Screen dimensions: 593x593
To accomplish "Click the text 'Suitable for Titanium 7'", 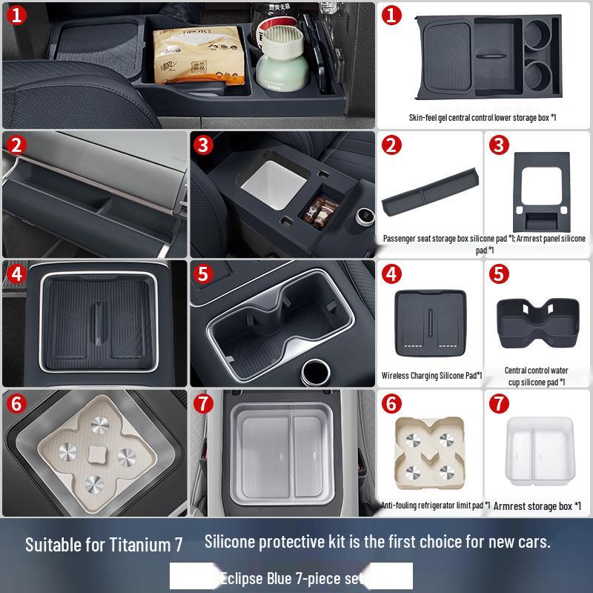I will click(104, 545).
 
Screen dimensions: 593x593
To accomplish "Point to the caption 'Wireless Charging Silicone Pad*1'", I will click(432, 376).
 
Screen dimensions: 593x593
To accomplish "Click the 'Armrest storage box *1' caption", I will click(537, 506).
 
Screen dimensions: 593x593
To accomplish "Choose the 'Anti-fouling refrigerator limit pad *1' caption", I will click(435, 505).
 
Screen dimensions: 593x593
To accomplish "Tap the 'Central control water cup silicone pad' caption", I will click(537, 376).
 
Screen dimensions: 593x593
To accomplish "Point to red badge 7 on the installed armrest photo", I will click(205, 405).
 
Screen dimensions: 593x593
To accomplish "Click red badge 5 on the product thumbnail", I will click(500, 274).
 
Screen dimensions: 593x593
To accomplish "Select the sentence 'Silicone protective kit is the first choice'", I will click(377, 541).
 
